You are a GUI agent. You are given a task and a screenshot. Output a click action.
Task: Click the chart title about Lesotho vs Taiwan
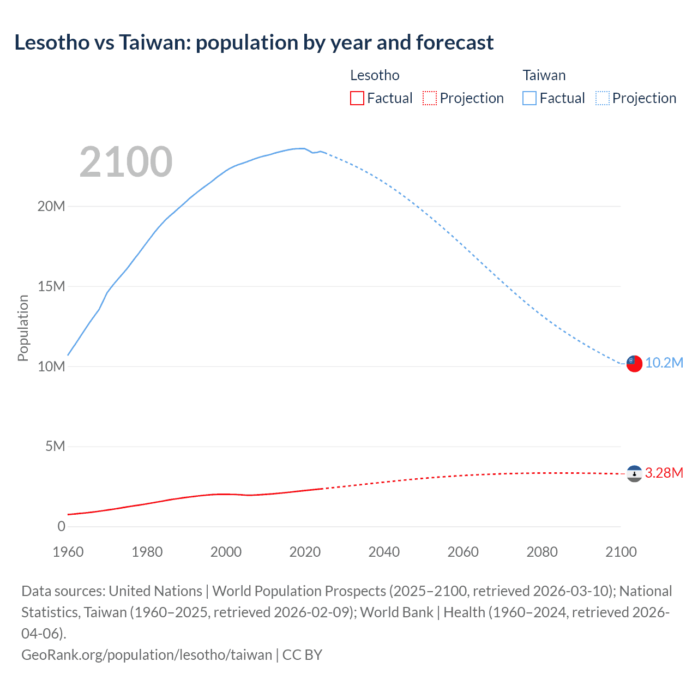tap(254, 42)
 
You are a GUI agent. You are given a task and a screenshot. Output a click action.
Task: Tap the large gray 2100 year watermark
tap(126, 162)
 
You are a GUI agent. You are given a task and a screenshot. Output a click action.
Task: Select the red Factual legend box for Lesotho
tap(357, 98)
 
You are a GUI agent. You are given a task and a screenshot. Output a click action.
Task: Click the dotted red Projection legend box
tap(430, 98)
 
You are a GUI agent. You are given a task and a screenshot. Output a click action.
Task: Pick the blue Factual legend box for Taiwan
tap(529, 98)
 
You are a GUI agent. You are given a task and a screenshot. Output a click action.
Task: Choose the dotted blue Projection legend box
tap(603, 98)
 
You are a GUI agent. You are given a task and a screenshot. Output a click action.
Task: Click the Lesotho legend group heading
tap(375, 75)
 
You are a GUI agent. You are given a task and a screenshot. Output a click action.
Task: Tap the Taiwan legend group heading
tap(544, 75)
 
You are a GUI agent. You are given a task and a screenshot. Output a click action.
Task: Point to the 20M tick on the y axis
tap(51, 206)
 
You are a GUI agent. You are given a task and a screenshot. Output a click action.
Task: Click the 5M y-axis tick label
tap(55, 446)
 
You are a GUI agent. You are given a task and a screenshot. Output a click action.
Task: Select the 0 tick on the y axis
tap(61, 526)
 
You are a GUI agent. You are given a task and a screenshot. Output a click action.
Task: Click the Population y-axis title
tap(23, 328)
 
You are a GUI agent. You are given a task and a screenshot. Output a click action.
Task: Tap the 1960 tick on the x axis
tap(68, 552)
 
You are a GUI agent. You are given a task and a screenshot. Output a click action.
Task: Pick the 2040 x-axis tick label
tap(384, 552)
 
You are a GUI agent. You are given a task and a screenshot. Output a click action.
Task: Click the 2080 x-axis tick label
tap(542, 552)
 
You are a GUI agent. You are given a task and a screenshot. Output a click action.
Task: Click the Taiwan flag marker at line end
tap(634, 363)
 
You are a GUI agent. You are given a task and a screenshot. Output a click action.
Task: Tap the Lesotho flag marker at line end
tap(634, 473)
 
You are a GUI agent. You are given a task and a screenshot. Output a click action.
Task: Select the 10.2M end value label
tap(664, 363)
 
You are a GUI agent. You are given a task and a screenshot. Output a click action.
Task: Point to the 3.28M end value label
tap(664, 473)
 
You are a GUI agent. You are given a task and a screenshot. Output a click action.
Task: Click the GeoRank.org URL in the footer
tap(146, 654)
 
